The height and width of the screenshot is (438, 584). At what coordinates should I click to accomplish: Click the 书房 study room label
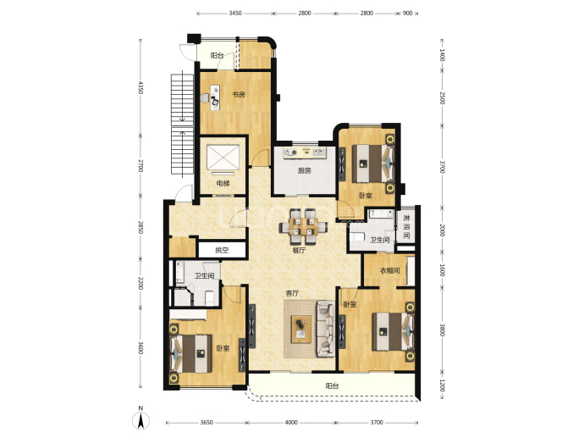point(239,95)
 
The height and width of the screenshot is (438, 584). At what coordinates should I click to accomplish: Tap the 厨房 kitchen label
point(305,171)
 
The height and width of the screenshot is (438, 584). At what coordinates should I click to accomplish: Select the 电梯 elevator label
point(223,183)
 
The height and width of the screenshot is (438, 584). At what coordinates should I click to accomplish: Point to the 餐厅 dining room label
point(299,250)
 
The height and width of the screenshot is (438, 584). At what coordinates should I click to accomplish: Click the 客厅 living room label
point(292,293)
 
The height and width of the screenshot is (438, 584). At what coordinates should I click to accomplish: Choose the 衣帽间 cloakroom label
point(389,270)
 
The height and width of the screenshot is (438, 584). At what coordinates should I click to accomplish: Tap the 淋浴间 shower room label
point(407,227)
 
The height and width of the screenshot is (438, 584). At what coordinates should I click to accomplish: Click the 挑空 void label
point(222,250)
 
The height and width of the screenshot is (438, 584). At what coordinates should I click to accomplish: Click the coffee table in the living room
point(301,329)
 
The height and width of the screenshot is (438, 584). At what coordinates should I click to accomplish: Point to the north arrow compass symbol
point(140,420)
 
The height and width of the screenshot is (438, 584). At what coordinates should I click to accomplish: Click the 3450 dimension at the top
point(235,13)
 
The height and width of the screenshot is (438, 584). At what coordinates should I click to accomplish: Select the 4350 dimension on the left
point(140,87)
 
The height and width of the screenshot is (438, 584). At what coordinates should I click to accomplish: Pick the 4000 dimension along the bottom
point(291,423)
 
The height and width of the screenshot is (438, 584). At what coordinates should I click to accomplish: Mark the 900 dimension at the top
point(408,13)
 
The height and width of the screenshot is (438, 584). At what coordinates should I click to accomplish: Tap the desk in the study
point(215,97)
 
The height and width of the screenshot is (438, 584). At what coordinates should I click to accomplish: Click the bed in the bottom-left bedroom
point(192,354)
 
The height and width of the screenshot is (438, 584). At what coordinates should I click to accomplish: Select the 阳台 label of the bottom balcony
point(332,386)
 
